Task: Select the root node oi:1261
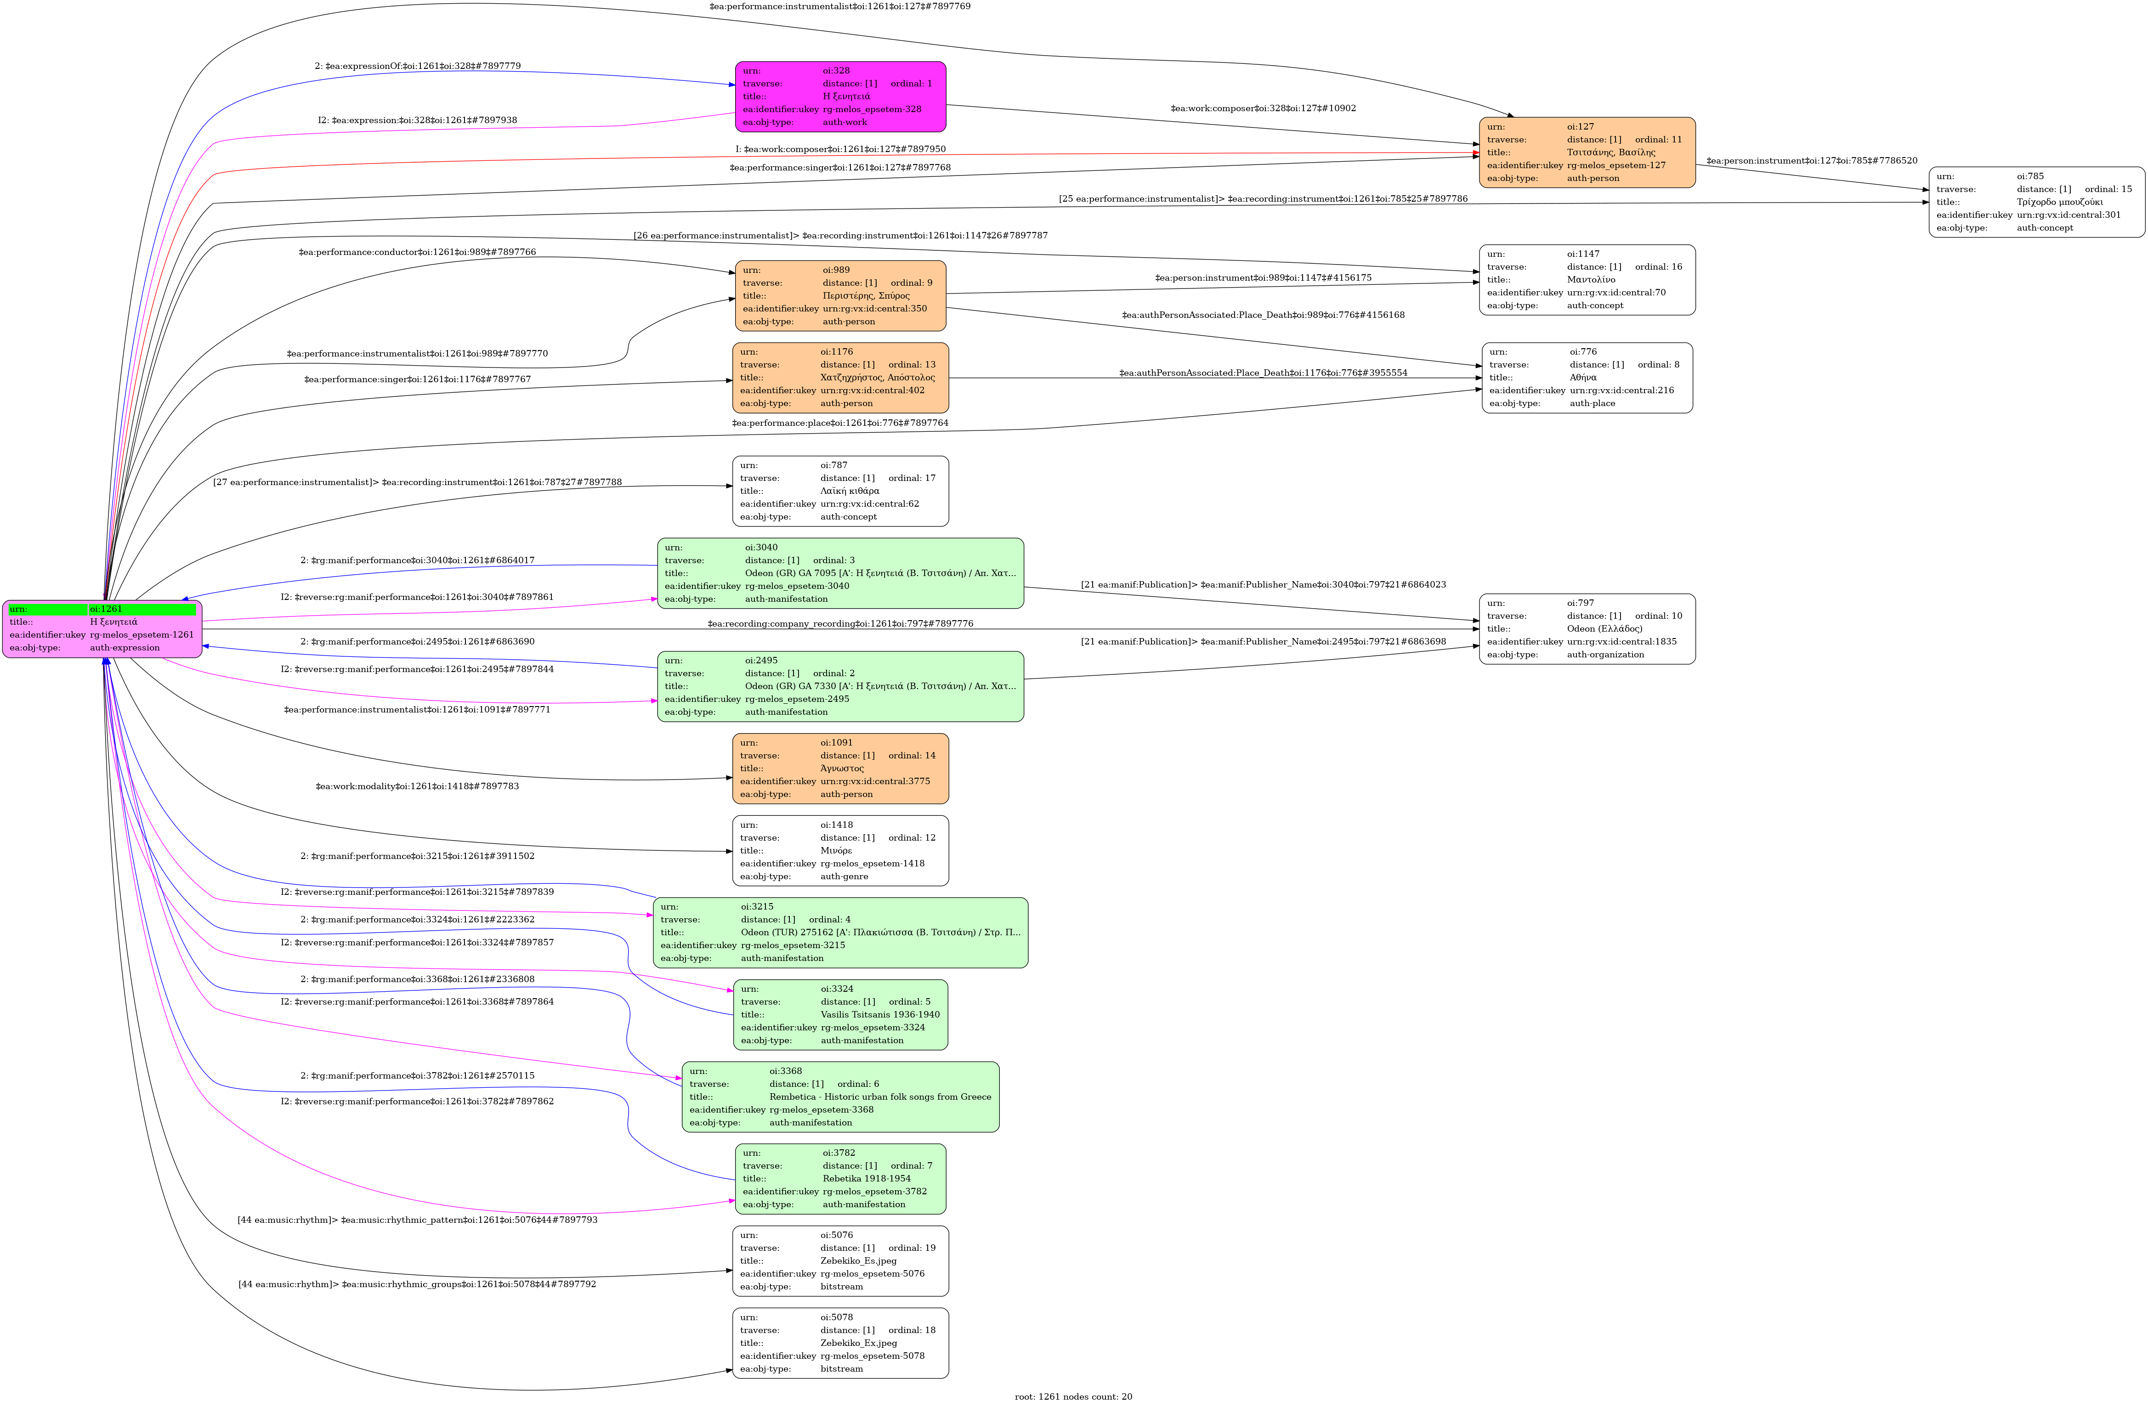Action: click(x=102, y=628)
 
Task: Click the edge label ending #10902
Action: click(x=1263, y=108)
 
